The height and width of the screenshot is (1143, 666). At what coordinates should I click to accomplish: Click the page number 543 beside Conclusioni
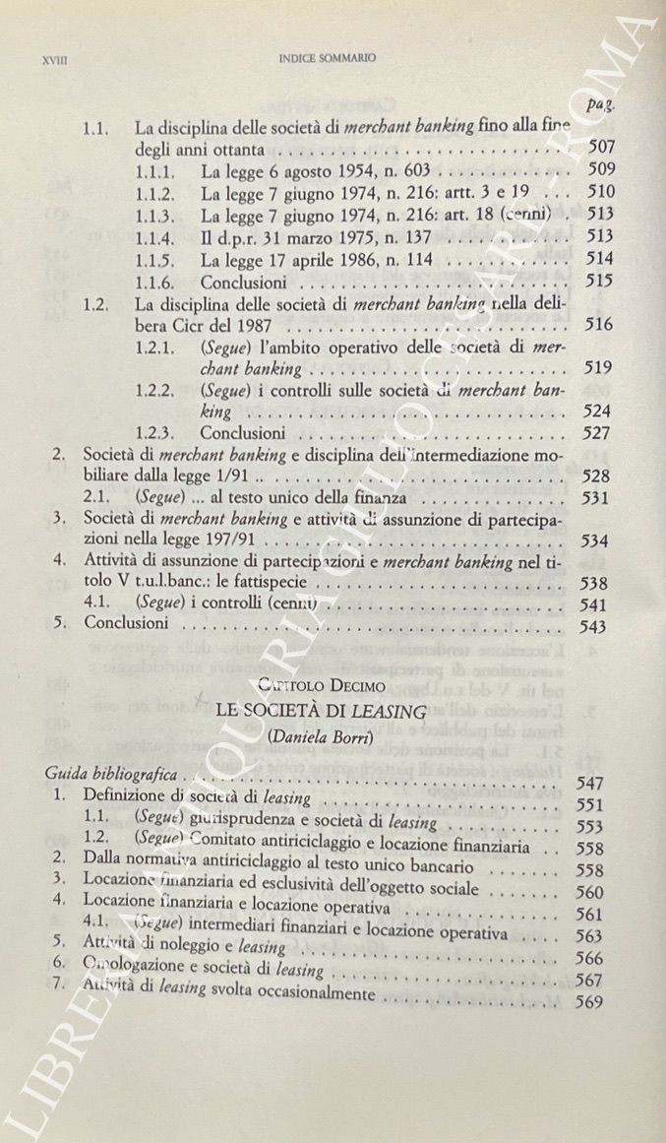[x=593, y=626]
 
